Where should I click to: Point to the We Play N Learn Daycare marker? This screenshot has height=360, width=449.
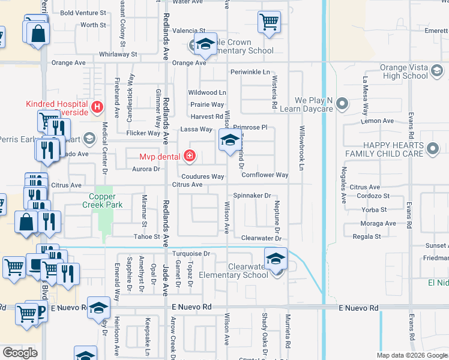coord(342,104)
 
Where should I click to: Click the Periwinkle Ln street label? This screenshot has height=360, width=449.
coord(250,72)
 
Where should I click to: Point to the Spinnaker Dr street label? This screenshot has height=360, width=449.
coord(252,196)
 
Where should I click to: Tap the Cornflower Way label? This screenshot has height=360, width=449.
coord(265,175)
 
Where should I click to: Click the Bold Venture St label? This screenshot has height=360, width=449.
coord(83,13)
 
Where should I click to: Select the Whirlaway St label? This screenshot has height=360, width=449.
coord(118,54)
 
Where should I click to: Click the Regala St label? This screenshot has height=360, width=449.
coord(368,236)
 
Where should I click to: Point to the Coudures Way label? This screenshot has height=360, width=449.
coord(202,177)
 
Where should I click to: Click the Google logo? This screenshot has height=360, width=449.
coord(20,353)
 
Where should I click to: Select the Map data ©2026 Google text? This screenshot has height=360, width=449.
coord(412,355)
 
